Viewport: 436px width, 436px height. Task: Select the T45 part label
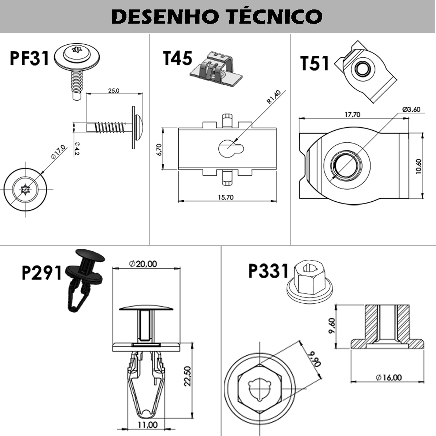[x=177, y=58]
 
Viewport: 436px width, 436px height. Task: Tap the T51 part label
[x=315, y=64]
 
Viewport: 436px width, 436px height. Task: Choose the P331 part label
[x=268, y=271]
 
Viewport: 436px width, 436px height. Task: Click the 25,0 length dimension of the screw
[x=113, y=90]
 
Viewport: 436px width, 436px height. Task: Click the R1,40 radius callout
[x=274, y=97]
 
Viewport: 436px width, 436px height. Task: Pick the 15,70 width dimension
[x=226, y=197]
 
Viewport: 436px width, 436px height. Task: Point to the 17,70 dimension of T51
[x=352, y=114]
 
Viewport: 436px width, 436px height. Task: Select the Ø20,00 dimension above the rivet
[x=144, y=263]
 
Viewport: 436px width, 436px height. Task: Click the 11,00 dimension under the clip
[x=148, y=425]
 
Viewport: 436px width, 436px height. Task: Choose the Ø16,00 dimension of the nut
[x=389, y=378]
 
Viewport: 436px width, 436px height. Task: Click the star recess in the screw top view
[x=25, y=190]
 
